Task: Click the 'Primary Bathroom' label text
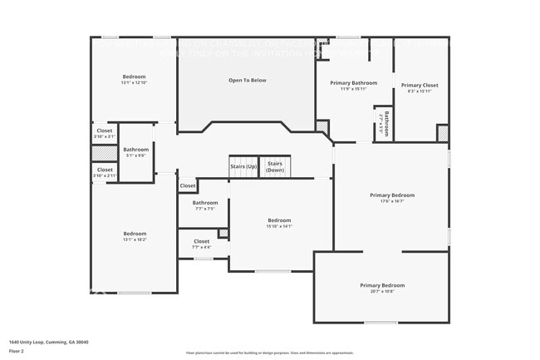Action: (x=353, y=83)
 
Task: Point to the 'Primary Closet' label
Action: (x=420, y=85)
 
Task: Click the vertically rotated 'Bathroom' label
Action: (x=385, y=124)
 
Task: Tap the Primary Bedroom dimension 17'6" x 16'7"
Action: (x=391, y=200)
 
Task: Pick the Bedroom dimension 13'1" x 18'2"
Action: (x=134, y=239)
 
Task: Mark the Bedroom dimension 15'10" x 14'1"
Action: (x=279, y=226)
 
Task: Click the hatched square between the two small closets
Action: (x=104, y=152)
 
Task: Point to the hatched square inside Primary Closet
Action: (x=443, y=133)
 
